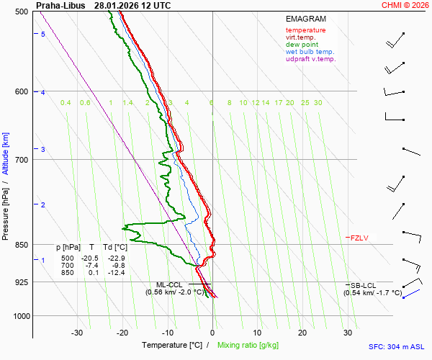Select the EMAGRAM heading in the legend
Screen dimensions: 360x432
point(306,19)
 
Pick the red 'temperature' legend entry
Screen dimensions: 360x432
point(305,30)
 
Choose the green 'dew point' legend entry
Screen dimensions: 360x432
point(302,45)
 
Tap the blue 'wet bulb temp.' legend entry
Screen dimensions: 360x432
point(310,52)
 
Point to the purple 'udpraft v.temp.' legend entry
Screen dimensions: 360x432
point(311,59)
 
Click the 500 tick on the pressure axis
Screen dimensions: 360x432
point(21,12)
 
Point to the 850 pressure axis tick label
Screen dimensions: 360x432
point(21,245)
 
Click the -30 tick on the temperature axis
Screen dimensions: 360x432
point(77,333)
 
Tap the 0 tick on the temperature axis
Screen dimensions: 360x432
point(212,333)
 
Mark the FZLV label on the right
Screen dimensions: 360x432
point(359,238)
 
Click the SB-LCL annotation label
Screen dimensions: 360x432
point(364,285)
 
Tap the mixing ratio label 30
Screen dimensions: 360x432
point(318,103)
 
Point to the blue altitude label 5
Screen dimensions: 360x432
point(43,35)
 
